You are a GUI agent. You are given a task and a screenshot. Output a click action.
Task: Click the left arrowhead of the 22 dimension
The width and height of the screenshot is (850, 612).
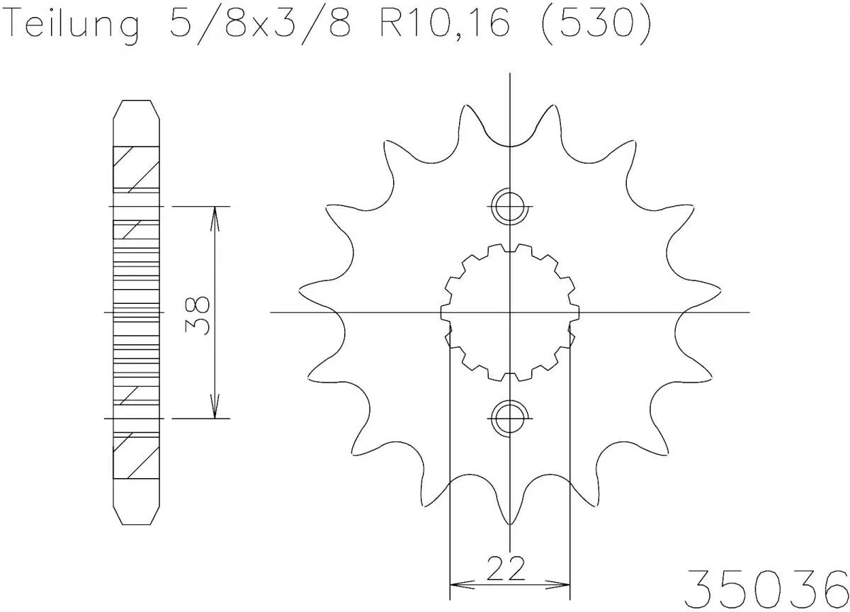point(457,586)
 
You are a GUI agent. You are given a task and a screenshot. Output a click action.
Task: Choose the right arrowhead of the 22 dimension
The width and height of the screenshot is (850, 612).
point(563,586)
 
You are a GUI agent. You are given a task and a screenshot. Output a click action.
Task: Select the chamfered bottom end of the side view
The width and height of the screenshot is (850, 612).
point(137,513)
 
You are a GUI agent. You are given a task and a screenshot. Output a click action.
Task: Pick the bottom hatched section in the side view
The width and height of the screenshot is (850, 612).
point(135,455)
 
